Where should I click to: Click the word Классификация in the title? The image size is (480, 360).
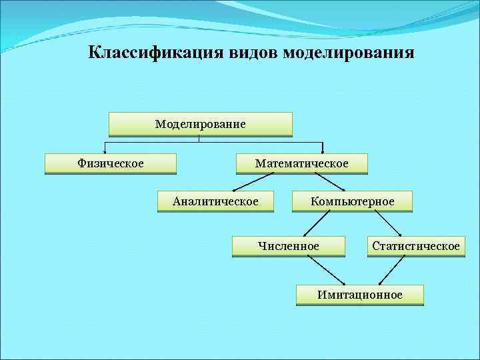(x=147, y=52)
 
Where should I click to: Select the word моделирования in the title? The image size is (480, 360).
(x=349, y=52)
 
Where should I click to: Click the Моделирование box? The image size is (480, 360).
(x=200, y=124)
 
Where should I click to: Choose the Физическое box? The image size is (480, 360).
(x=111, y=163)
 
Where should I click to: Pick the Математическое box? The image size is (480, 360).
(x=301, y=163)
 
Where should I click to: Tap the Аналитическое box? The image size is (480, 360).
(x=215, y=201)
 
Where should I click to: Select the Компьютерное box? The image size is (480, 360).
(x=352, y=201)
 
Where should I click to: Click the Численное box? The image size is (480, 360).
(x=289, y=247)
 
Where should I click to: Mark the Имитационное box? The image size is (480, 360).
(x=360, y=295)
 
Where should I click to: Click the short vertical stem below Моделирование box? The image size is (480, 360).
(x=199, y=139)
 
